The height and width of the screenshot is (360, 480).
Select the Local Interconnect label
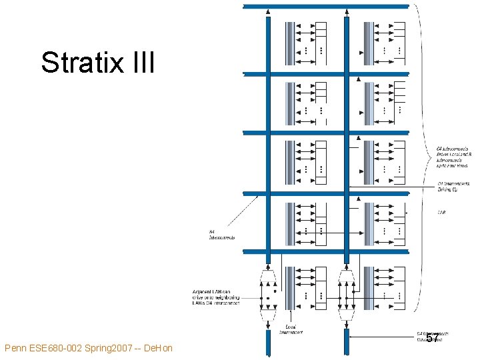(291, 329)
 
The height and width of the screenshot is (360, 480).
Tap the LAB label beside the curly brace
(441, 213)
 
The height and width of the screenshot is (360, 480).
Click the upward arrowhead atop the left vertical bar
(268, 12)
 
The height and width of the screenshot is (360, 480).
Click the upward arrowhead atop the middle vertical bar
(346, 12)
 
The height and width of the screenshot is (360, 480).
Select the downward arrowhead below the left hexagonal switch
(268, 322)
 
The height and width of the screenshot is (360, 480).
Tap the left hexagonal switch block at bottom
(268, 291)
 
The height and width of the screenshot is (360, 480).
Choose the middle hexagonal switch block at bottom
(346, 291)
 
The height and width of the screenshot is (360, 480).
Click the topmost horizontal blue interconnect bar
(327, 6)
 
